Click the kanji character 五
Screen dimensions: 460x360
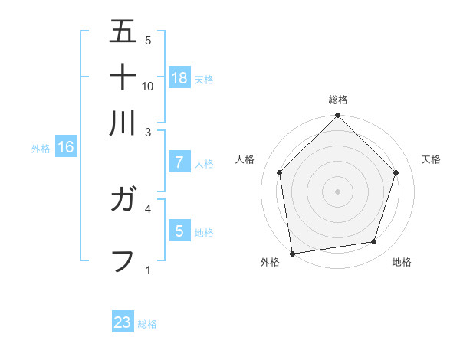123,31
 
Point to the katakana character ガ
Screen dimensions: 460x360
123,202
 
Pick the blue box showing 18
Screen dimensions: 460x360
179,77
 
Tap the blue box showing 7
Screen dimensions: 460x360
179,162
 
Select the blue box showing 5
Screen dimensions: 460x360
179,231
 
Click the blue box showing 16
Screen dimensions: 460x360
66,148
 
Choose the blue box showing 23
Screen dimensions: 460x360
123,322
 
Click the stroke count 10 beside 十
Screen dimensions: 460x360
148,86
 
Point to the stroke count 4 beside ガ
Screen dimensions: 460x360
148,208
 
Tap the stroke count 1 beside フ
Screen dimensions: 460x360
148,270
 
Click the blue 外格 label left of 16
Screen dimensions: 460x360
40,149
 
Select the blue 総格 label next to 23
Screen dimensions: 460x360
147,324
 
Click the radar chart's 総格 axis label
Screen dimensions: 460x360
337,100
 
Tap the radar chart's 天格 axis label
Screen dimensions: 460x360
432,159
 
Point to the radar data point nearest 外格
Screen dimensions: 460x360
292,253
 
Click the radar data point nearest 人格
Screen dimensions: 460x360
279,172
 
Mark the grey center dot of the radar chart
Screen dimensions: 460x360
337,191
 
